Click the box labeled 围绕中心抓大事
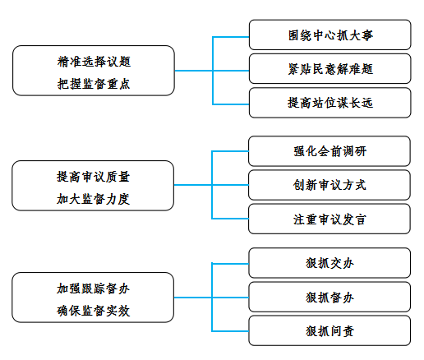(330, 35)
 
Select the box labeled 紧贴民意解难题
(330, 69)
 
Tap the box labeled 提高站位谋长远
(330, 103)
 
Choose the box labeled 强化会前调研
(330, 151)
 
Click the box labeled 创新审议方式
(330, 185)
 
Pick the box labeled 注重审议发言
(330, 219)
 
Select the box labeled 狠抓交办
(330, 263)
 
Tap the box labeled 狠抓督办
(330, 297)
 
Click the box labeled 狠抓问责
(330, 330)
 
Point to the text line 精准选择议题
(94, 62)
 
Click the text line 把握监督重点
(94, 84)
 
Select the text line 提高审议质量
(93, 177)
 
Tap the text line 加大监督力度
(93, 199)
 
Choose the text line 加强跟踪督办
(93, 288)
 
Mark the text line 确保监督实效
(93, 311)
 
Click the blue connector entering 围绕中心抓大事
(231, 37)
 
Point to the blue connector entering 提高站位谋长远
(231, 104)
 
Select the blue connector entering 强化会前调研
(230, 151)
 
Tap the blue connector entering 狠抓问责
(230, 331)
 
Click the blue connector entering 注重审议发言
(230, 219)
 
